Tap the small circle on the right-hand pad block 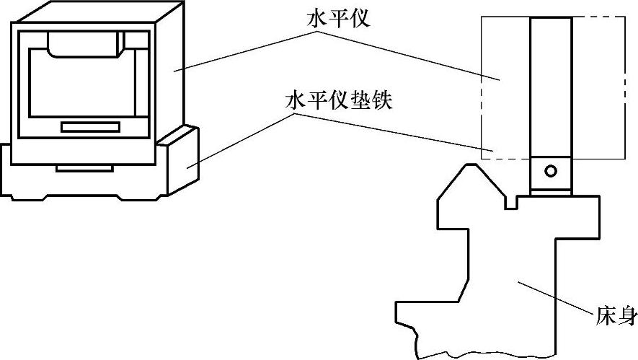(551, 171)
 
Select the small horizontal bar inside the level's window (89, 127)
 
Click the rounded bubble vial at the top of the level (84, 45)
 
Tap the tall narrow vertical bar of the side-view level (551, 87)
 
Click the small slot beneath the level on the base (84, 168)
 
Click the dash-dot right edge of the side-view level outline (625, 87)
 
